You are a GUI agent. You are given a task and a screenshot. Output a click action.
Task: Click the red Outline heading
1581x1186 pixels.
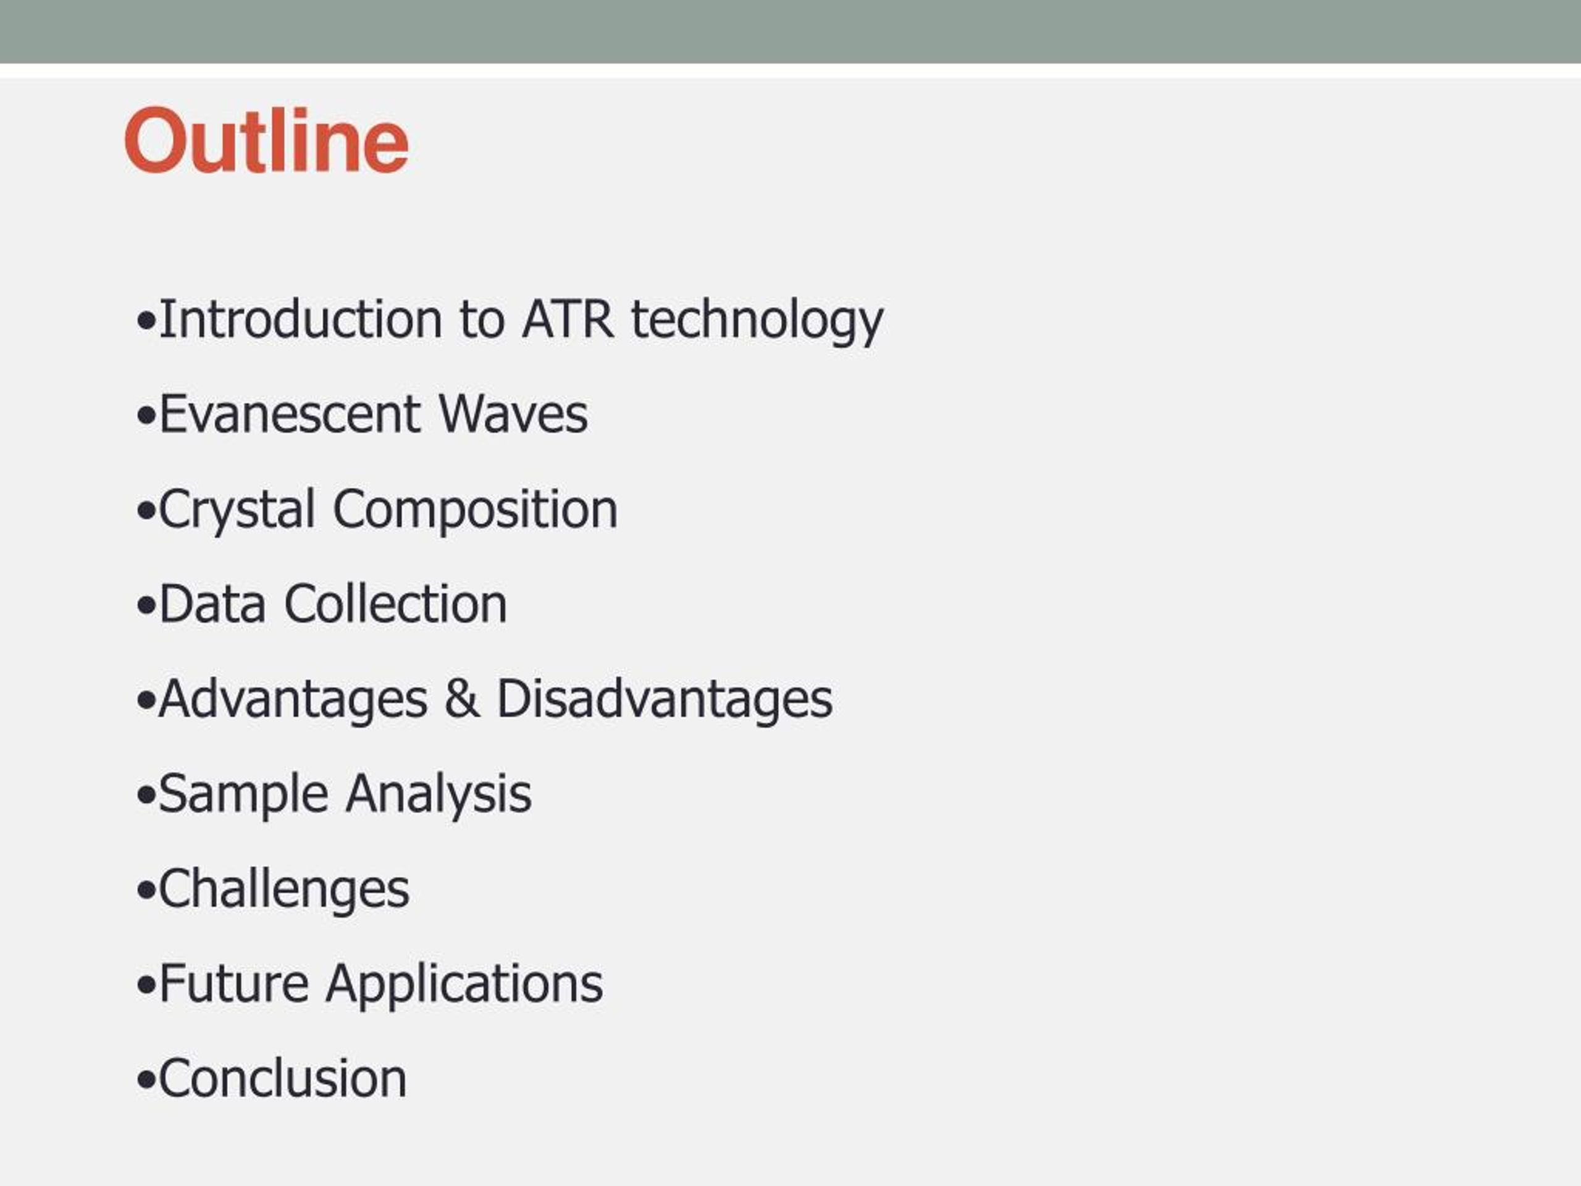pyautogui.click(x=267, y=140)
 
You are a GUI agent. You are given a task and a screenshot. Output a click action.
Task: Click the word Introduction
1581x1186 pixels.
pyautogui.click(x=301, y=319)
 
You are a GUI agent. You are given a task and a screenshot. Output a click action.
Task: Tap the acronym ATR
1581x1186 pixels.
pyautogui.click(x=568, y=319)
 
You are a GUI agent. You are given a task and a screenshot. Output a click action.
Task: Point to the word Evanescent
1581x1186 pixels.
pyautogui.click(x=290, y=414)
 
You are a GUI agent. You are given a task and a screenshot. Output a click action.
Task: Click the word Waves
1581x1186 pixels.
pyautogui.click(x=513, y=414)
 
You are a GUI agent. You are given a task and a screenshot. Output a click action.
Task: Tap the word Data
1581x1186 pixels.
pyautogui.click(x=212, y=605)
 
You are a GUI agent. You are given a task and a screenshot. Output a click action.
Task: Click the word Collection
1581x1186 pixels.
pyautogui.click(x=395, y=605)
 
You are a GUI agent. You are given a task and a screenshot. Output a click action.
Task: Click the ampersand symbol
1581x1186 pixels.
pyautogui.click(x=462, y=699)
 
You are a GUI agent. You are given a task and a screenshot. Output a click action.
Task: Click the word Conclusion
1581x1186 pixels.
pyautogui.click(x=282, y=1079)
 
